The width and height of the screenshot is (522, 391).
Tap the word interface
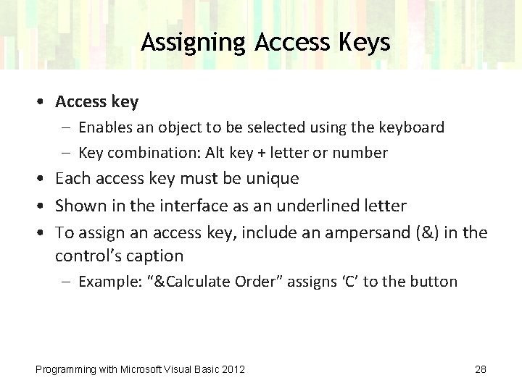point(187,206)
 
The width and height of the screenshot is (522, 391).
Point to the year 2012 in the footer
point(233,369)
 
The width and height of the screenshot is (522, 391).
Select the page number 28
point(481,369)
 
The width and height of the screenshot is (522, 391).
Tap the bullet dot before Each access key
point(43,179)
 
